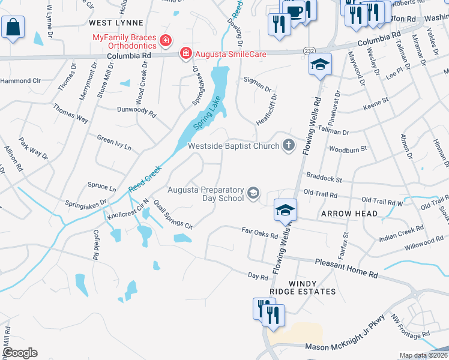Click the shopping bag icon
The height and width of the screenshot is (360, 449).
(x=13, y=27)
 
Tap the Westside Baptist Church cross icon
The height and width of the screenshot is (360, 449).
(x=289, y=145)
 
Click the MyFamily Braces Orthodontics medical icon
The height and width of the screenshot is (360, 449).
(x=166, y=41)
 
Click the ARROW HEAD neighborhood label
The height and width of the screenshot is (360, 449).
(x=349, y=214)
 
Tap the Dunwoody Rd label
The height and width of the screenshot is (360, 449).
(x=136, y=111)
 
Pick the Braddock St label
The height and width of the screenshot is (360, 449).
(x=323, y=178)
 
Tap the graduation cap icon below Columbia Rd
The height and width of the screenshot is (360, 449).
(x=320, y=64)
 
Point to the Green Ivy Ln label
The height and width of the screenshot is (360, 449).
(x=114, y=143)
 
